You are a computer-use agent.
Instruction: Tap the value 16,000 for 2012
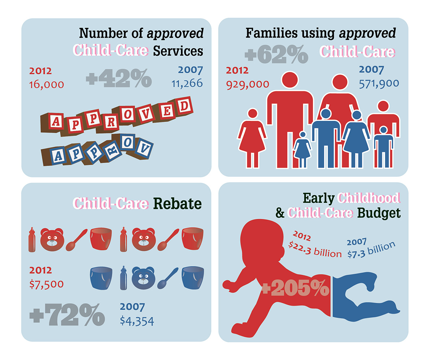pos(46,84)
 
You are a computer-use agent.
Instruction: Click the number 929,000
pos(247,84)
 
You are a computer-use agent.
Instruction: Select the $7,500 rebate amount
pos(46,284)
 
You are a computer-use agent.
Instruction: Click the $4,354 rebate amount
pos(137,320)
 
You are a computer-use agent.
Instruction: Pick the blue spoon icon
pos(167,277)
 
